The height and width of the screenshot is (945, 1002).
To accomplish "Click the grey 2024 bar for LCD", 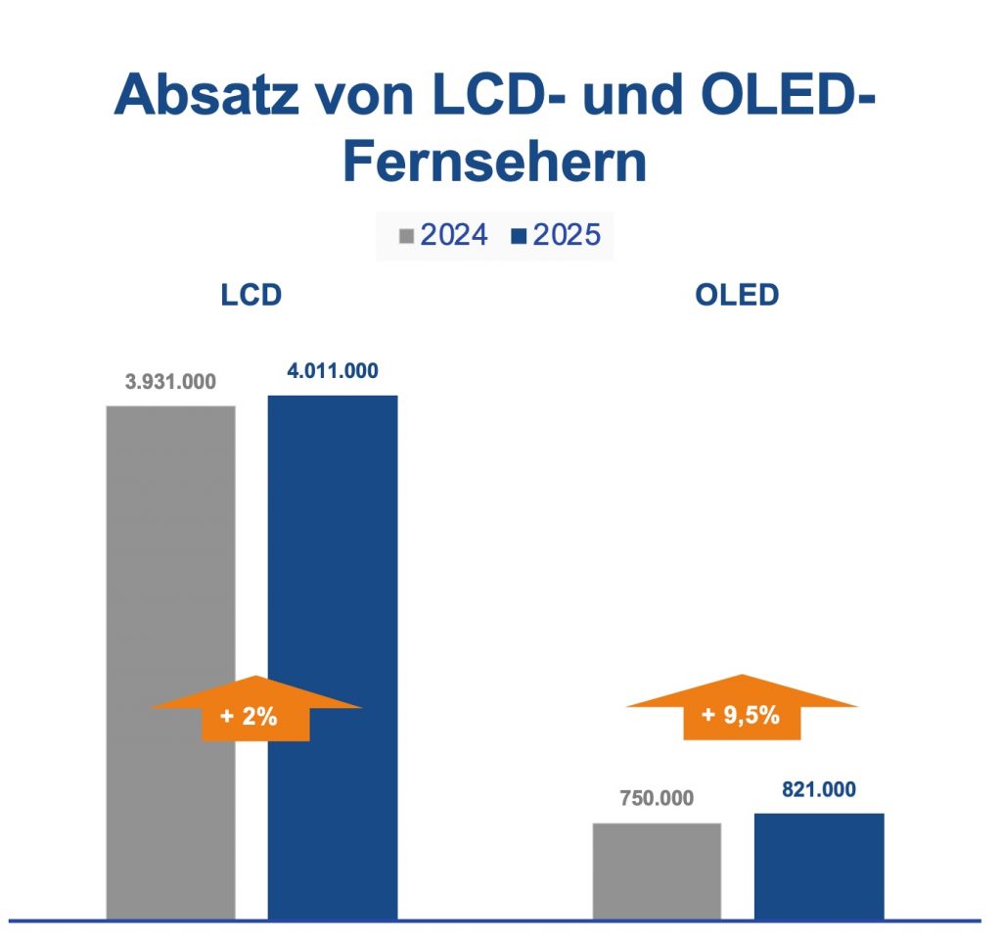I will point(171,548).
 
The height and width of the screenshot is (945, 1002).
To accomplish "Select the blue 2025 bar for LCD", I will point(333,548).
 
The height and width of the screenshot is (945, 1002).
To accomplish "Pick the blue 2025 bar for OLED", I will point(819,866).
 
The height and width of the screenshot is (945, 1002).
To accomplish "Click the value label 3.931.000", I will point(170,382).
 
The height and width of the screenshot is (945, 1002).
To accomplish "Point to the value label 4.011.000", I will point(333,371).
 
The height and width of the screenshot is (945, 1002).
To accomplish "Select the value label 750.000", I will point(657,798).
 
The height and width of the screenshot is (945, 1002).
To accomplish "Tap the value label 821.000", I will point(819,789).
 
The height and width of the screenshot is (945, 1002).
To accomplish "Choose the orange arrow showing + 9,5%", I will point(742,708).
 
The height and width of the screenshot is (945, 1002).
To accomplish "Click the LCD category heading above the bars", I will point(251,295).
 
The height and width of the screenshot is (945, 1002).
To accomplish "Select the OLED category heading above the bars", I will point(737,295).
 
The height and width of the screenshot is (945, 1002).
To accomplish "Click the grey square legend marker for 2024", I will point(407,236).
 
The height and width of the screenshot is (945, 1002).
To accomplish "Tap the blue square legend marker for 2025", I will point(519,236).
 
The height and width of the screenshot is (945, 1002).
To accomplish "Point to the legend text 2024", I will point(454,236).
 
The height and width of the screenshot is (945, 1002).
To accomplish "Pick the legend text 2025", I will point(567,236).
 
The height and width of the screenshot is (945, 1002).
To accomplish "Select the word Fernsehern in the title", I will point(494,163).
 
